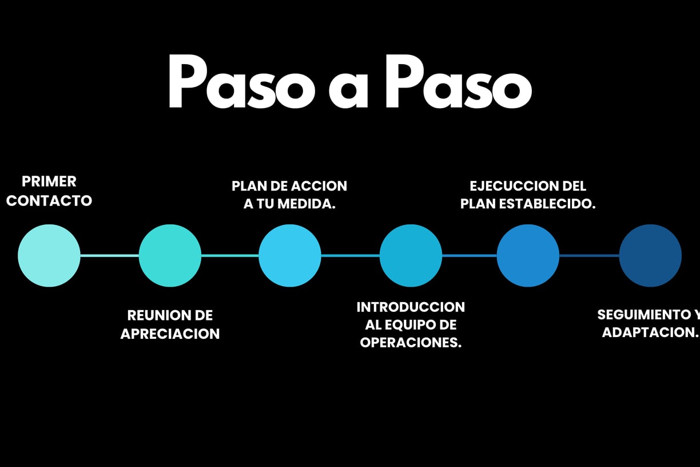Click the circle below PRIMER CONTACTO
click(x=49, y=255)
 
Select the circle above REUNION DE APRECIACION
click(x=170, y=255)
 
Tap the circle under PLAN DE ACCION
click(x=290, y=255)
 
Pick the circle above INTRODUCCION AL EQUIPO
click(x=411, y=255)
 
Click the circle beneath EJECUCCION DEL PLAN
click(x=528, y=255)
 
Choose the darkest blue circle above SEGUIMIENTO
click(x=650, y=255)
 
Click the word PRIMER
click(x=49, y=181)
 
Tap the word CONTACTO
click(x=49, y=201)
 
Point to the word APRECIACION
click(x=170, y=334)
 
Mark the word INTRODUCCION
click(x=411, y=307)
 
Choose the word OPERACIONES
click(x=411, y=343)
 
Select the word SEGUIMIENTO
click(x=644, y=315)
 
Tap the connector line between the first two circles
click(x=110, y=256)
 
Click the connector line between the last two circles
click(x=589, y=256)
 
